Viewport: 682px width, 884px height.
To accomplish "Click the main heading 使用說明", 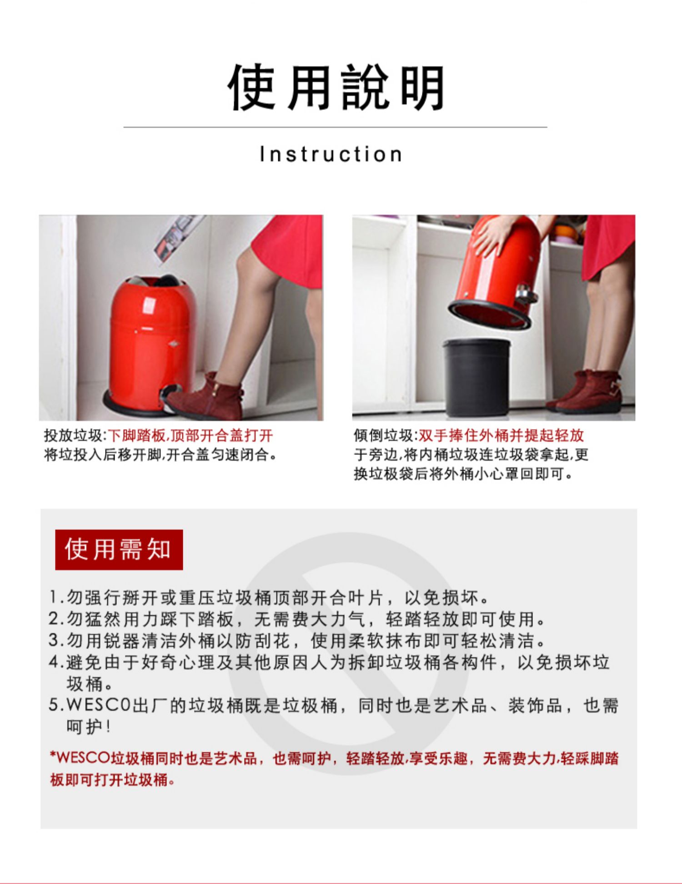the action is pos(336,87).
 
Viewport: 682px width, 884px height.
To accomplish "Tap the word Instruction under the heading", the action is pos(331,154).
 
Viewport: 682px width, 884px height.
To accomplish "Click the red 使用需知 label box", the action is pos(119,549).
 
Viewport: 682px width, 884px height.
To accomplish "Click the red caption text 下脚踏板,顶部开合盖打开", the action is pos(191,435).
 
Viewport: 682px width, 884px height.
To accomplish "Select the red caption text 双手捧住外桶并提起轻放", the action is pos(501,435).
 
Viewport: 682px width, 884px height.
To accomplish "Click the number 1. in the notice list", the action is pos(56,597).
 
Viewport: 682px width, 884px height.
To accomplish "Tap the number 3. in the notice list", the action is pos(56,641).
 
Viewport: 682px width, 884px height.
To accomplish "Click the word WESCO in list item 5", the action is pos(99,705).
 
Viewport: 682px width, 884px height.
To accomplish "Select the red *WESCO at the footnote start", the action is pos(80,758).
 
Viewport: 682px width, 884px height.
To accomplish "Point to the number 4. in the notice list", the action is pos(56,662).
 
